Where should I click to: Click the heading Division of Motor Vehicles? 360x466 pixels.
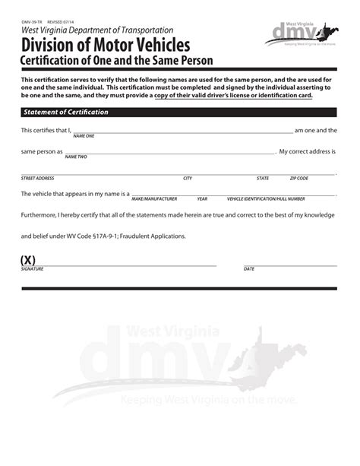[x=106, y=44]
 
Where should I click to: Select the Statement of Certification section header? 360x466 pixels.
[x=66, y=112]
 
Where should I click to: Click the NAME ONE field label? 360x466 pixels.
[x=84, y=136]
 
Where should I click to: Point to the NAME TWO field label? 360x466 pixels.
[x=76, y=157]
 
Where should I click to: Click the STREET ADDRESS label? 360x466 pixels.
[x=37, y=178]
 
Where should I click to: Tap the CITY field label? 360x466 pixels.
[x=188, y=178]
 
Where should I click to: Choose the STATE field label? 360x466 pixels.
[x=263, y=178]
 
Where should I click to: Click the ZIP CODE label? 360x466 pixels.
[x=298, y=178]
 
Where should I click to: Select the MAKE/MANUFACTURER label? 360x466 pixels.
[x=154, y=198]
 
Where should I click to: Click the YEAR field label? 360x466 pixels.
[x=202, y=198]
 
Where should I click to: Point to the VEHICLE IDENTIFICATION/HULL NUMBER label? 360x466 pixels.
[x=266, y=198]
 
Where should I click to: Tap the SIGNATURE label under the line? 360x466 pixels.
[x=32, y=269]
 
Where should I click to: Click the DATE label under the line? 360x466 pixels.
[x=249, y=269]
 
